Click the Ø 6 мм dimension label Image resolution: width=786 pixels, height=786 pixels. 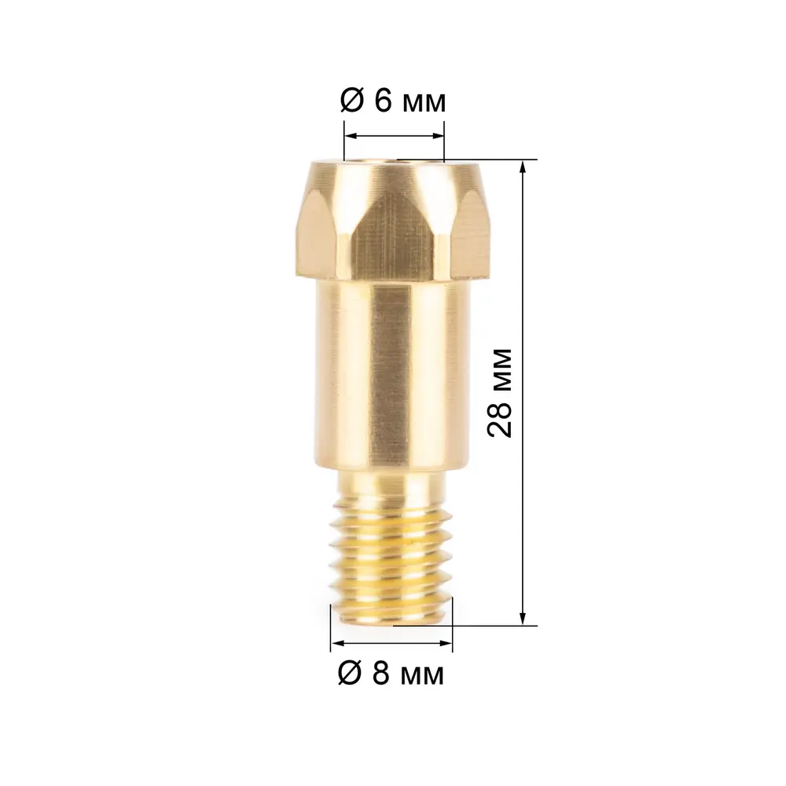392,101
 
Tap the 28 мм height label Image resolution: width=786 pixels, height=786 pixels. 500,393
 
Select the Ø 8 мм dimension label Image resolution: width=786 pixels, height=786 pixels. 391,674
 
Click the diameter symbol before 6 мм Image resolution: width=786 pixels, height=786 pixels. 351,101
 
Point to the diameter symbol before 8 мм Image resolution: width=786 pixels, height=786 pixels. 350,674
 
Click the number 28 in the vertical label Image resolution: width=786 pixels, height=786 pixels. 500,419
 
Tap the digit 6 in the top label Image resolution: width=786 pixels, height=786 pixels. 383,101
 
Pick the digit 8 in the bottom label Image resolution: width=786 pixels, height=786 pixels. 381,674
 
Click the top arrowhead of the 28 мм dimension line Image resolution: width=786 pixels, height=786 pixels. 523,167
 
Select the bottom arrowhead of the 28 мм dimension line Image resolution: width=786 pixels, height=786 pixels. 523,619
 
